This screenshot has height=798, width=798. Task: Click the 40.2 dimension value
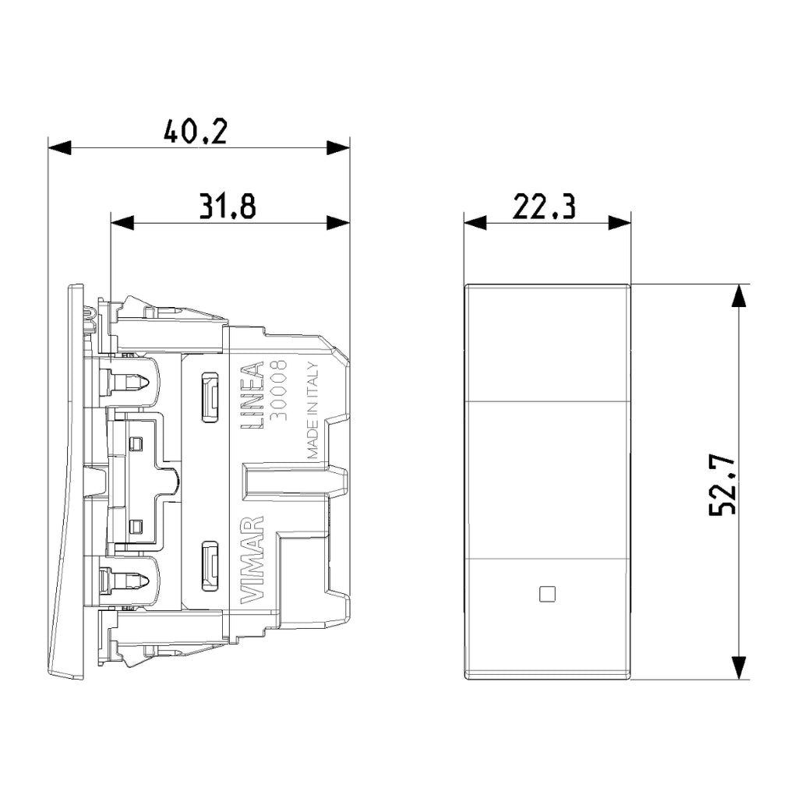coord(196,131)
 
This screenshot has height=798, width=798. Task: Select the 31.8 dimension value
coord(227,206)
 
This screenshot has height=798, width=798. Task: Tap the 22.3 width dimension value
coord(544,206)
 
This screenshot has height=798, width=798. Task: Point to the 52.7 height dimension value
coord(722,485)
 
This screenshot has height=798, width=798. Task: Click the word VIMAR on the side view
coord(252,560)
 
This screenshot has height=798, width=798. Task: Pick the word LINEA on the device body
coord(252,395)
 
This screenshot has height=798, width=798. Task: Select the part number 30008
coord(278,390)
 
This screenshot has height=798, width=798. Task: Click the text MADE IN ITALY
coord(313,411)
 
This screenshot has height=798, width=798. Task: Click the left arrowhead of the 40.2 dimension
coord(59,148)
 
